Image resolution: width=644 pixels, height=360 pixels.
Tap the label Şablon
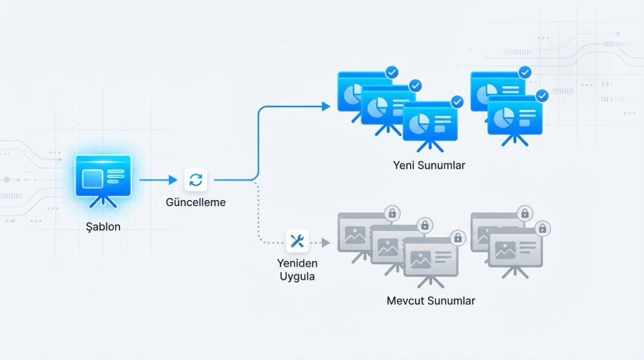[x=103, y=227]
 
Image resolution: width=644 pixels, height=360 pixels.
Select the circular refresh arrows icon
[x=196, y=180]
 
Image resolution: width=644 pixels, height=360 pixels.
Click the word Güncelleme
[x=196, y=203]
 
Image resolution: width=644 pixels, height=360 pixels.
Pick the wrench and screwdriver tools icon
[x=297, y=240]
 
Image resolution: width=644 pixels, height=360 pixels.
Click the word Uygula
[x=296, y=276]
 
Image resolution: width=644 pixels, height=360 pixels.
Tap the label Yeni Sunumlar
[x=429, y=166]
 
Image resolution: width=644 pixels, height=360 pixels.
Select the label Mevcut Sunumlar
[x=430, y=300]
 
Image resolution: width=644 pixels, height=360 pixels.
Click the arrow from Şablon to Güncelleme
[x=158, y=180]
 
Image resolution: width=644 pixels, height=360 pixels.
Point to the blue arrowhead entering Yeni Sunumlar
[x=326, y=106]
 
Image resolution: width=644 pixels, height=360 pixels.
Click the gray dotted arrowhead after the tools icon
[x=326, y=242]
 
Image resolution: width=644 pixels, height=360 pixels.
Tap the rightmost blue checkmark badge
[x=541, y=96]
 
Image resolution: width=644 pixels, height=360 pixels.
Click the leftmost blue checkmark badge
[x=392, y=73]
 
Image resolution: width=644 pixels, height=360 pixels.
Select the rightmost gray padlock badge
[x=541, y=228]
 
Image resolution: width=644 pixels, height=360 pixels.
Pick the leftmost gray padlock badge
[x=392, y=213]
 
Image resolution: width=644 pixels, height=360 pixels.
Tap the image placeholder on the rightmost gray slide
[x=505, y=250]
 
